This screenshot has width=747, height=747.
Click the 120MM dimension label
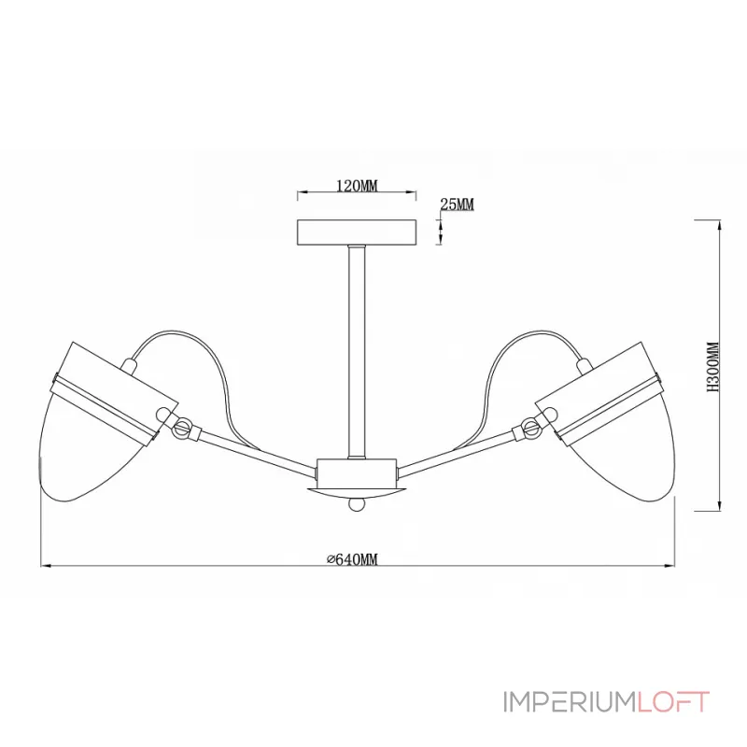[x=357, y=185]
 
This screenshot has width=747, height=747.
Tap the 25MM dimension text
[x=457, y=204]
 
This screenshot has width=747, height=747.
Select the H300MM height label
[x=712, y=367]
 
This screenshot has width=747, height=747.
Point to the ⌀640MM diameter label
[x=353, y=559]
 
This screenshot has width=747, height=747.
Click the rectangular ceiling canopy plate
[x=357, y=233]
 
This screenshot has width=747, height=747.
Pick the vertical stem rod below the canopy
[x=357, y=352]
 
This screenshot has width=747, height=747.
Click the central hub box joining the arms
[x=357, y=472]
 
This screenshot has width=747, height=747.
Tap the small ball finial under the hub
[x=357, y=504]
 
